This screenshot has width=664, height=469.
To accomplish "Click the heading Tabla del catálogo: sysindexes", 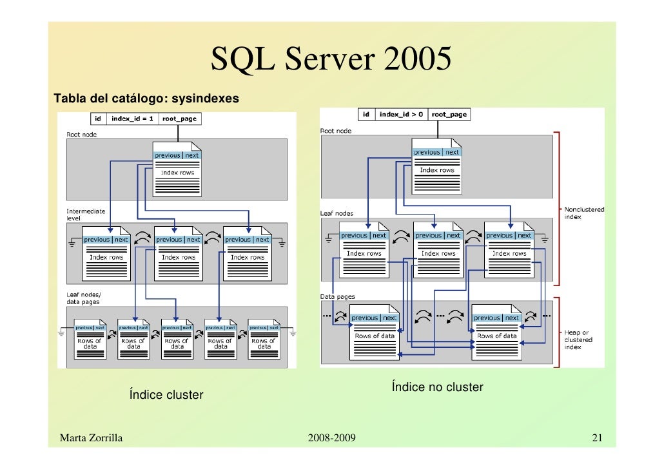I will (146, 99).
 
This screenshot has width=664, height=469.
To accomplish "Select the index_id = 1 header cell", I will (132, 119).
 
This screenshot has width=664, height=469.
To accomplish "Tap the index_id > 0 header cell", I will (401, 114).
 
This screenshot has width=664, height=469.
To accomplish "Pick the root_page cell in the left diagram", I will (180, 119).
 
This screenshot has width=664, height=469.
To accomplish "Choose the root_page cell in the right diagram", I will (449, 114).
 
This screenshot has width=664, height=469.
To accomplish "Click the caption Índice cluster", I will (166, 395).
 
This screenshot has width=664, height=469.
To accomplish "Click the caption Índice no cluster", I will (436, 387).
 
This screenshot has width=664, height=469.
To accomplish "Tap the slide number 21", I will (596, 439).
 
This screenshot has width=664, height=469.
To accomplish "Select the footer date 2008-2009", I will (331, 439).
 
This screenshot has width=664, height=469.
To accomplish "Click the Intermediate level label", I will (86, 215).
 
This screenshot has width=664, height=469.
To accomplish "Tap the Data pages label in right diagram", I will (337, 296).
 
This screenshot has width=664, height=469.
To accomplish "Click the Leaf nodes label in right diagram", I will (337, 213).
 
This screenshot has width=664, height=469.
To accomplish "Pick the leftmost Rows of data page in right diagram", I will (374, 332).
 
